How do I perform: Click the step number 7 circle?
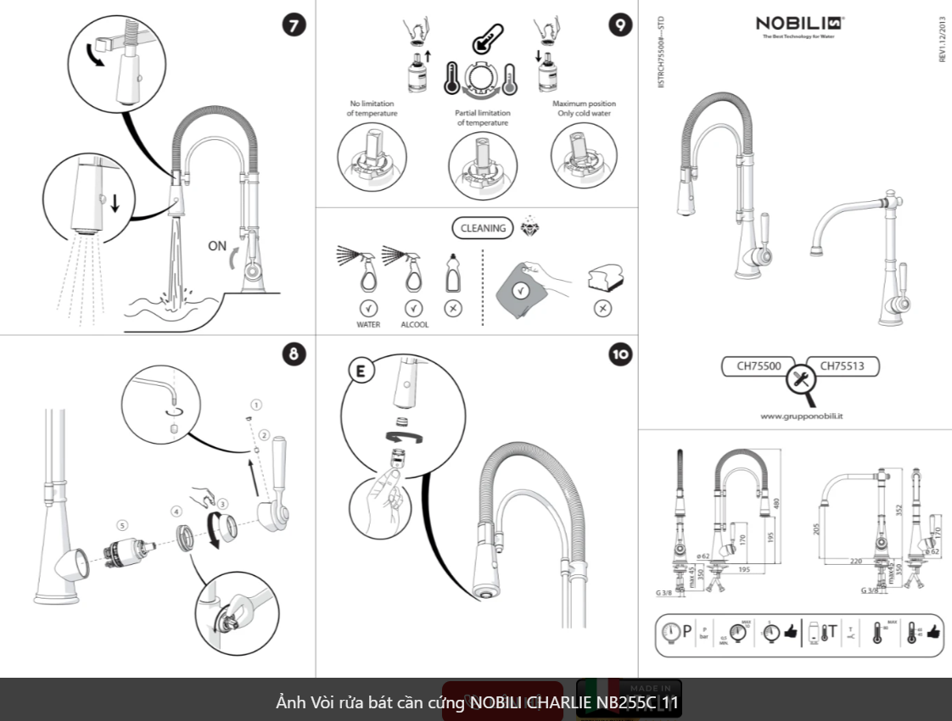coord(294,25)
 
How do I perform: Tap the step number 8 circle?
coord(294,355)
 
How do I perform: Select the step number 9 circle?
coord(619,25)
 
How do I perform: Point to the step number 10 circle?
coord(619,355)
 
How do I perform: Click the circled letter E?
coord(360,371)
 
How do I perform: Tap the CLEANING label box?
coord(483,227)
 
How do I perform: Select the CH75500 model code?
coord(759,366)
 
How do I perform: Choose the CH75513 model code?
coord(842,366)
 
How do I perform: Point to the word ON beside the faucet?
coord(217,247)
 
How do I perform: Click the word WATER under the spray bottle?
coord(368,325)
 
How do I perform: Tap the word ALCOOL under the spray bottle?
coord(415,325)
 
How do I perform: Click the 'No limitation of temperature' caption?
coord(372,109)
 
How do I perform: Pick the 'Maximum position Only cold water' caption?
coord(584,109)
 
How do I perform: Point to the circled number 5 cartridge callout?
coord(123,526)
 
